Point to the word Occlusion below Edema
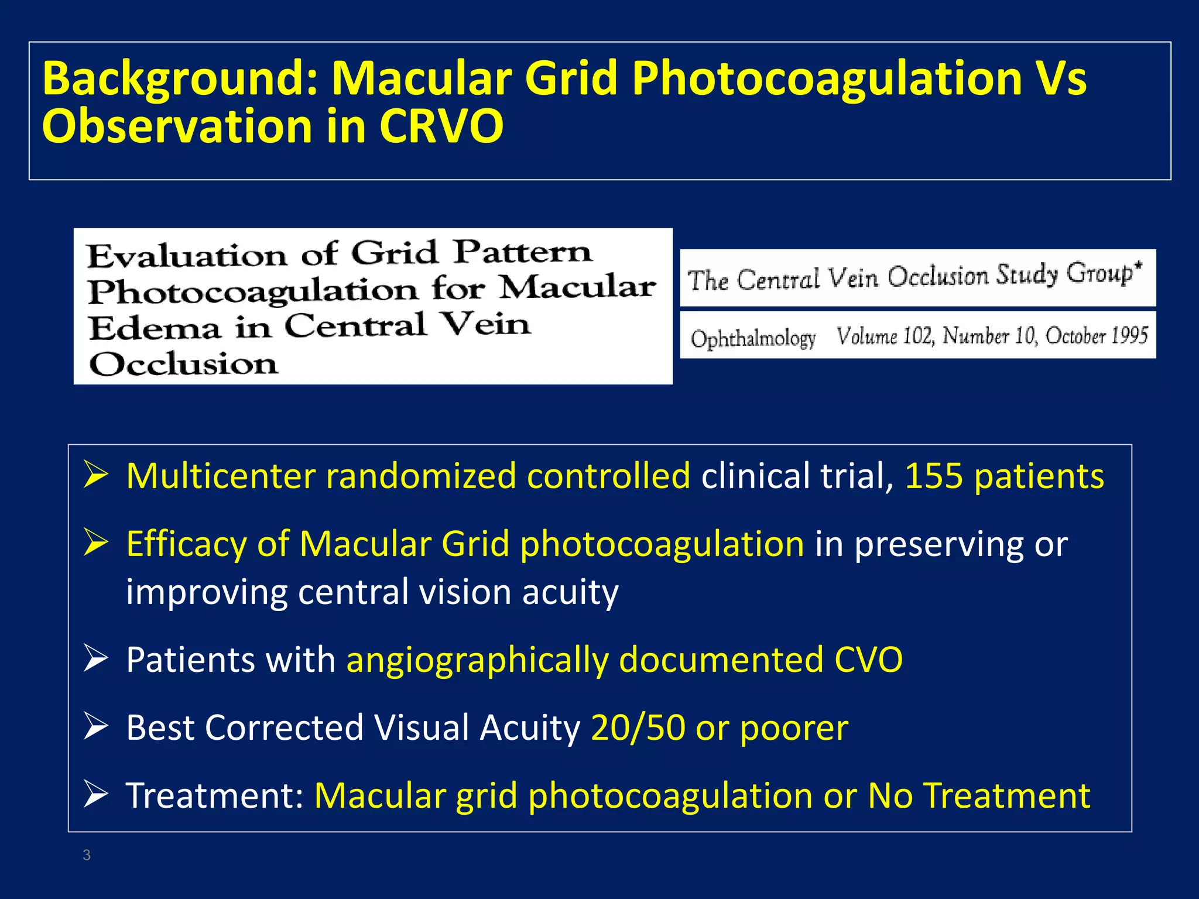[183, 364]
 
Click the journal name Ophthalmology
[753, 338]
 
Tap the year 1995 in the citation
[1129, 335]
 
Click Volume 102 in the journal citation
[885, 336]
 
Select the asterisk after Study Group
[1138, 266]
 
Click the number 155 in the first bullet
[934, 476]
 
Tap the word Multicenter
[221, 476]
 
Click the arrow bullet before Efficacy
[95, 542]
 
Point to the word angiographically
[477, 660]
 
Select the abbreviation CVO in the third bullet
[868, 660]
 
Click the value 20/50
[638, 728]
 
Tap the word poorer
[794, 729]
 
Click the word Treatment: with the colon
[215, 795]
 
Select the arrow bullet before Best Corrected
[95, 726]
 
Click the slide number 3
[87, 855]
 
